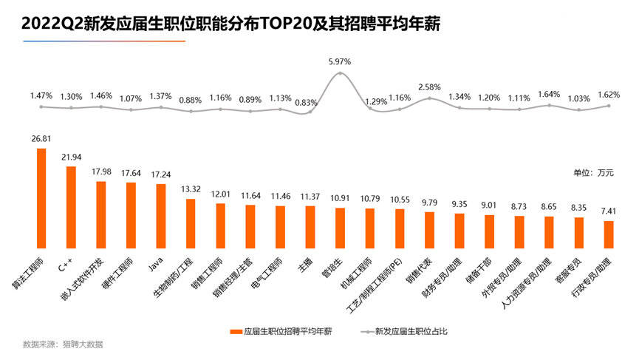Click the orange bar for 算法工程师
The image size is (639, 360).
pos(41,198)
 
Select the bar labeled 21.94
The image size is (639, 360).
pos(71,207)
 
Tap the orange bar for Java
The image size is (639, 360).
pos(160,216)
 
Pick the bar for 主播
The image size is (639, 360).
pos(310,226)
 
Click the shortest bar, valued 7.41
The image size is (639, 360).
pos(609,234)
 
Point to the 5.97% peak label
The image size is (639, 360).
pos(339,61)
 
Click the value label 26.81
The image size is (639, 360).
pos(41,137)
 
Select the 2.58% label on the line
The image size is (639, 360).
pos(429,87)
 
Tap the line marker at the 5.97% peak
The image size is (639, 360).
pos(340,73)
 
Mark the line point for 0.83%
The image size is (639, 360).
pos(310,112)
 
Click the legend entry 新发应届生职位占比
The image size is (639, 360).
pos(411,332)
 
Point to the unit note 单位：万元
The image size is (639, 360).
pos(593,172)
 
